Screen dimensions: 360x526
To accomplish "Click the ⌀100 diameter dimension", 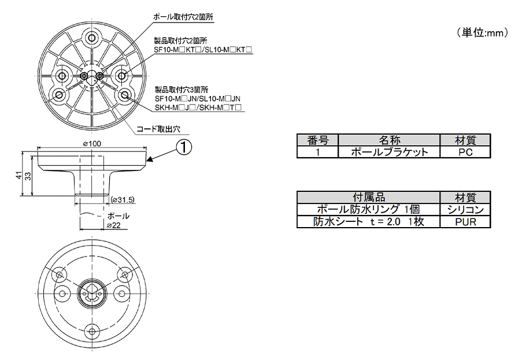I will tap(92, 143).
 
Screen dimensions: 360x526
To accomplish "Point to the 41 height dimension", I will tap(19, 175).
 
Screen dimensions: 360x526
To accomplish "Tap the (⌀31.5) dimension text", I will tap(122, 200).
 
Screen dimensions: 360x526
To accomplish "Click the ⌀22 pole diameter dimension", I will tap(113, 225).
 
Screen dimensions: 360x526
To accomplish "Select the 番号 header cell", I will tap(317, 140).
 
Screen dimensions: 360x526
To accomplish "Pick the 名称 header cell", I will tap(389, 140).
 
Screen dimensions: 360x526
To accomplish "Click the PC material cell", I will tap(465, 152).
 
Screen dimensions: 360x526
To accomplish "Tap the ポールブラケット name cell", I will tap(389, 152).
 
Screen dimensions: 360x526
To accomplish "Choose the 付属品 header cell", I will tap(368, 197).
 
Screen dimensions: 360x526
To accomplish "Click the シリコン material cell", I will tap(465, 209).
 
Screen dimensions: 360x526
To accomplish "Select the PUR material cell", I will tap(465, 221).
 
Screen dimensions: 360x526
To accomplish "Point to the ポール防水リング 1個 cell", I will tap(368, 209).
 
